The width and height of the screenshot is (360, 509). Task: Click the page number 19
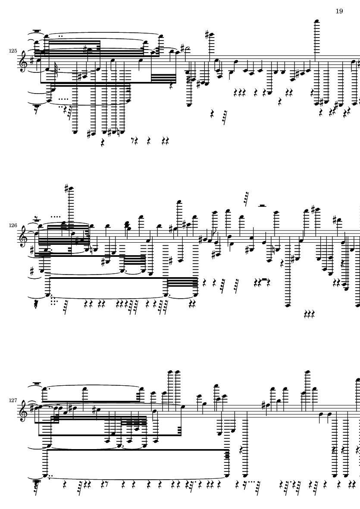tap(339, 11)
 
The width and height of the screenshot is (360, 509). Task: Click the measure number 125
tap(13, 51)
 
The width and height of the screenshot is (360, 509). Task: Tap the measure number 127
tap(13, 400)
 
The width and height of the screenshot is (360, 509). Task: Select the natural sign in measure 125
tap(122, 132)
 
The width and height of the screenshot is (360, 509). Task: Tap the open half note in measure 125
tap(187, 50)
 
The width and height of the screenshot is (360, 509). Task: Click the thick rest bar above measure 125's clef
tap(38, 31)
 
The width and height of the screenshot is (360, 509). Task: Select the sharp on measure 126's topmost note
tap(67, 189)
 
